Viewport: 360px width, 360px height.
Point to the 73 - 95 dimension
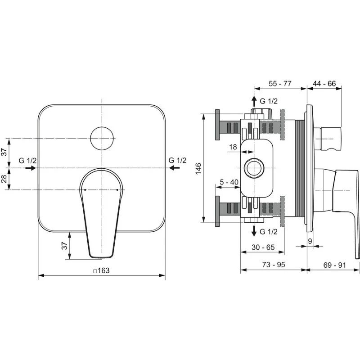(274, 265)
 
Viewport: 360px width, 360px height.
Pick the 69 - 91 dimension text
(334, 265)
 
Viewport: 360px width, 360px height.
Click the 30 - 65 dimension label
(263, 247)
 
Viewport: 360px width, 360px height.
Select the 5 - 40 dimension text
(229, 182)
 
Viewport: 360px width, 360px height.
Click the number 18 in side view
(233, 146)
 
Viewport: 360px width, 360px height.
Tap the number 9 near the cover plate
(310, 241)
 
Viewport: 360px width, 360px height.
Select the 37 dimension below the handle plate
(64, 246)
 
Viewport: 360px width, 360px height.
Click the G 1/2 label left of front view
(27, 160)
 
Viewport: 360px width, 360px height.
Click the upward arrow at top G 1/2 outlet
(254, 100)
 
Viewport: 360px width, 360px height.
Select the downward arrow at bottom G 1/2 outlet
(254, 231)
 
